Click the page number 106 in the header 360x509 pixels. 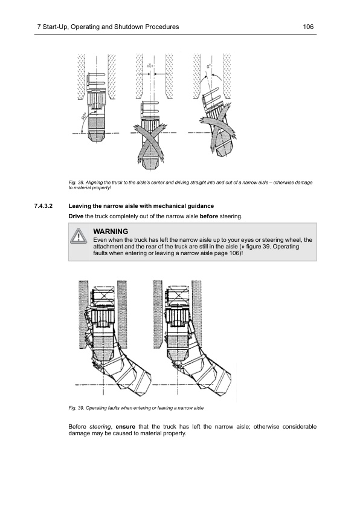309,27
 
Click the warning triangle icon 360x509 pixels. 79,236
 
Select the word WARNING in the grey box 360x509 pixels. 111,232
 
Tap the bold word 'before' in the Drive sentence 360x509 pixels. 208,216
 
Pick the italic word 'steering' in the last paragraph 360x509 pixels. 100,427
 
